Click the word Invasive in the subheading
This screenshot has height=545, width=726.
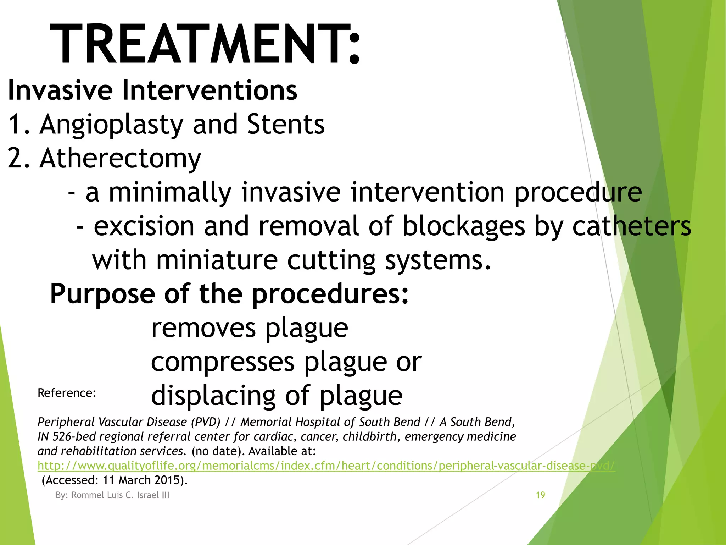coord(60,90)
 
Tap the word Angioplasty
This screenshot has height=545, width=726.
coord(111,125)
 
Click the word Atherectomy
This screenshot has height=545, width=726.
coord(121,158)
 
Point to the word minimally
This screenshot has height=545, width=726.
coord(170,192)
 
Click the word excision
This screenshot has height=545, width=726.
coord(144,226)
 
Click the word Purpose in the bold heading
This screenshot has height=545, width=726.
coord(102,294)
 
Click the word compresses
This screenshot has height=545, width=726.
coord(223,362)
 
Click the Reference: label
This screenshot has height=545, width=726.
coord(67,393)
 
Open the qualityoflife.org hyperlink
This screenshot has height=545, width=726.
coord(326,466)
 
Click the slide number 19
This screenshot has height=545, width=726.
coord(540,495)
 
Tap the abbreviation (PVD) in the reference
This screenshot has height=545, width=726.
coord(205,422)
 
